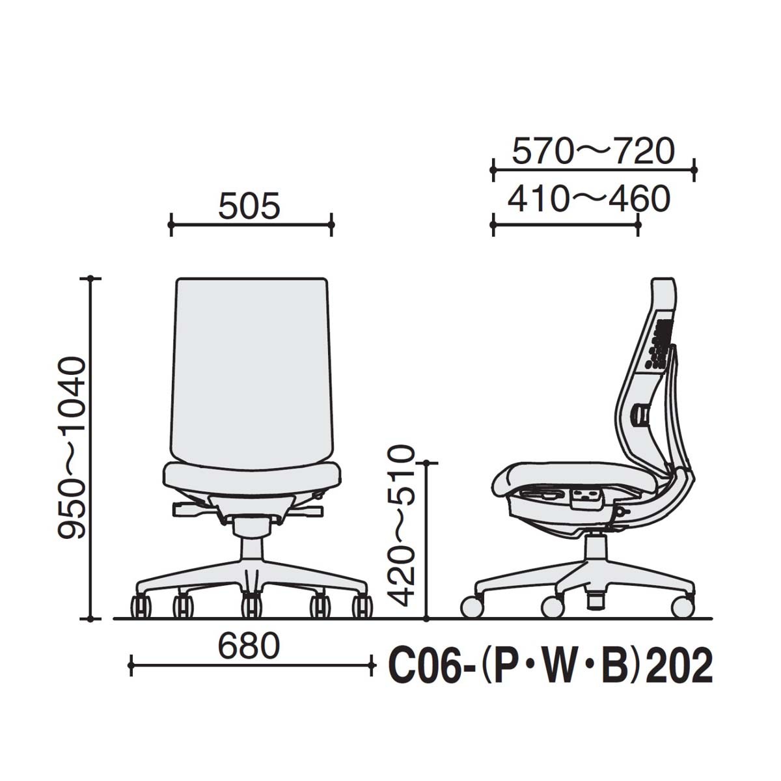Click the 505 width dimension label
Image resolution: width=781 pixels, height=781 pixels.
click(249, 206)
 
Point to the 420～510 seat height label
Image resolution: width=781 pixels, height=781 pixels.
click(398, 525)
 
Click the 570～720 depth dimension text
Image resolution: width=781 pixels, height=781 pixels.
click(593, 152)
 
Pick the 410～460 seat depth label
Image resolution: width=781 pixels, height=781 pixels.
click(588, 199)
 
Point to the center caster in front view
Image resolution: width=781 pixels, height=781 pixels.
click(251, 607)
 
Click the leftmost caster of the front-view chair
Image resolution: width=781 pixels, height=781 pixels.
click(141, 607)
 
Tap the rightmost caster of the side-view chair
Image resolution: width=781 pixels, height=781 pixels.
click(682, 607)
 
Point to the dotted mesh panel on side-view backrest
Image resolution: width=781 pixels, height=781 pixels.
click(660, 342)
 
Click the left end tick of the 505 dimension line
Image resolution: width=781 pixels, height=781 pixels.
click(171, 226)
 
